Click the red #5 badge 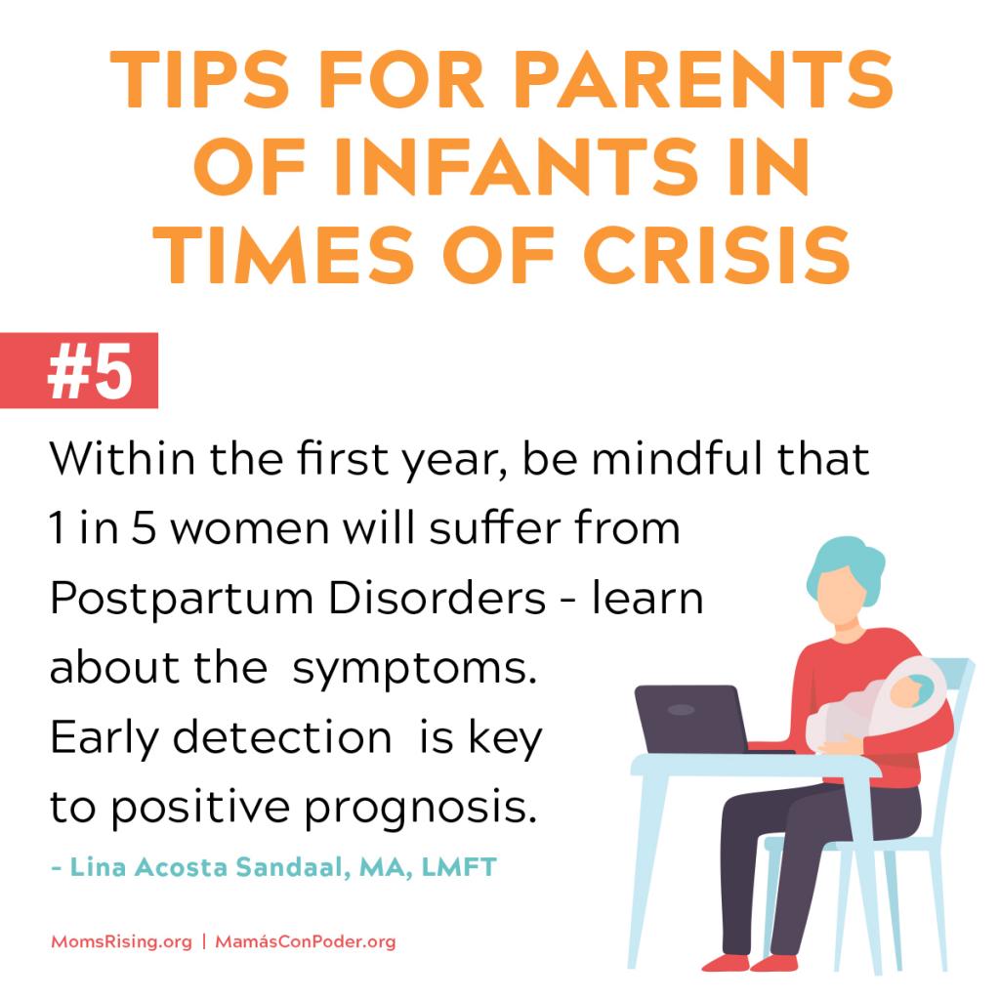pos(79,370)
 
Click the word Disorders pos(437,598)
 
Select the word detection pos(282,738)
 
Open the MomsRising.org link pos(121,942)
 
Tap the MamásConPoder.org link pos(306,942)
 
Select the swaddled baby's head pos(912,690)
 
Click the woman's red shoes pos(749,962)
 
